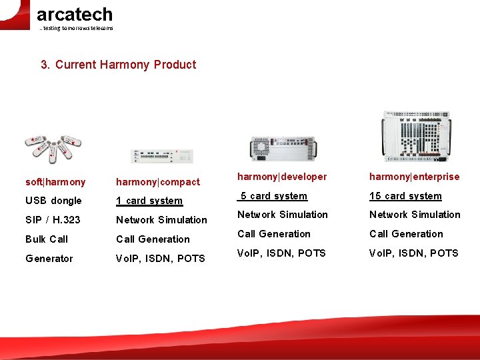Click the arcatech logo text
pyautogui.click(x=74, y=15)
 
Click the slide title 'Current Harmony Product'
pyautogui.click(x=119, y=65)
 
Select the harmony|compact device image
pyautogui.click(x=162, y=156)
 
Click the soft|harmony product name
pyautogui.click(x=55, y=182)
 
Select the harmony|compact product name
pyautogui.click(x=158, y=182)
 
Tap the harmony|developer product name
pyautogui.click(x=282, y=177)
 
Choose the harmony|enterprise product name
pyautogui.click(x=415, y=177)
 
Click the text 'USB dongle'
pyautogui.click(x=53, y=201)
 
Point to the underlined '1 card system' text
pyautogui.click(x=149, y=201)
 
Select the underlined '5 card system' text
pyautogui.click(x=273, y=196)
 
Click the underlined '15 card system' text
pyautogui.click(x=406, y=196)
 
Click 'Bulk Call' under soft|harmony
pyautogui.click(x=47, y=239)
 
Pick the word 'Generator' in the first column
pyautogui.click(x=49, y=259)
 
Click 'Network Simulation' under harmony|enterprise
pyautogui.click(x=415, y=215)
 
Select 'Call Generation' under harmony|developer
pyautogui.click(x=274, y=234)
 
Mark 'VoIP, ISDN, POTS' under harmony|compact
pyautogui.click(x=161, y=259)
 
